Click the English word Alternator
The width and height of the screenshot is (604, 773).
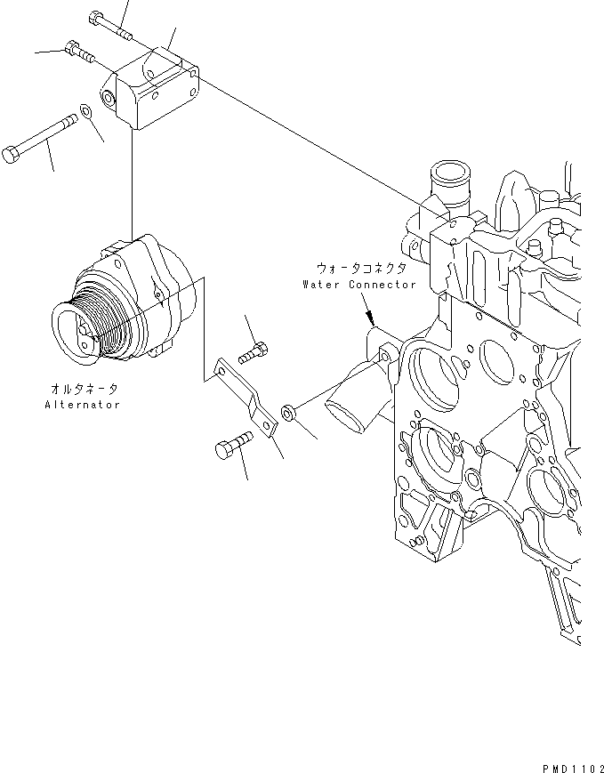(x=82, y=405)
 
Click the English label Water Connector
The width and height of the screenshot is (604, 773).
(x=358, y=285)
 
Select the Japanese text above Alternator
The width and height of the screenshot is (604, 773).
(x=82, y=389)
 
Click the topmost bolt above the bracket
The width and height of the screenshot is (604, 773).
(x=110, y=26)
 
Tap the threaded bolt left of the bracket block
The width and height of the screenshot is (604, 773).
(x=79, y=53)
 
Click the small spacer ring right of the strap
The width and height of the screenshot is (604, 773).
(x=288, y=412)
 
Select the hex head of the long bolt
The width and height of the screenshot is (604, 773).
(x=11, y=156)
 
